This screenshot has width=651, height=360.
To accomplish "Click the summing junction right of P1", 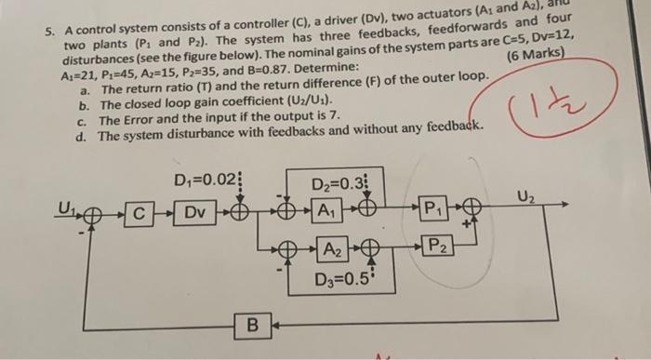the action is tap(472, 207).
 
